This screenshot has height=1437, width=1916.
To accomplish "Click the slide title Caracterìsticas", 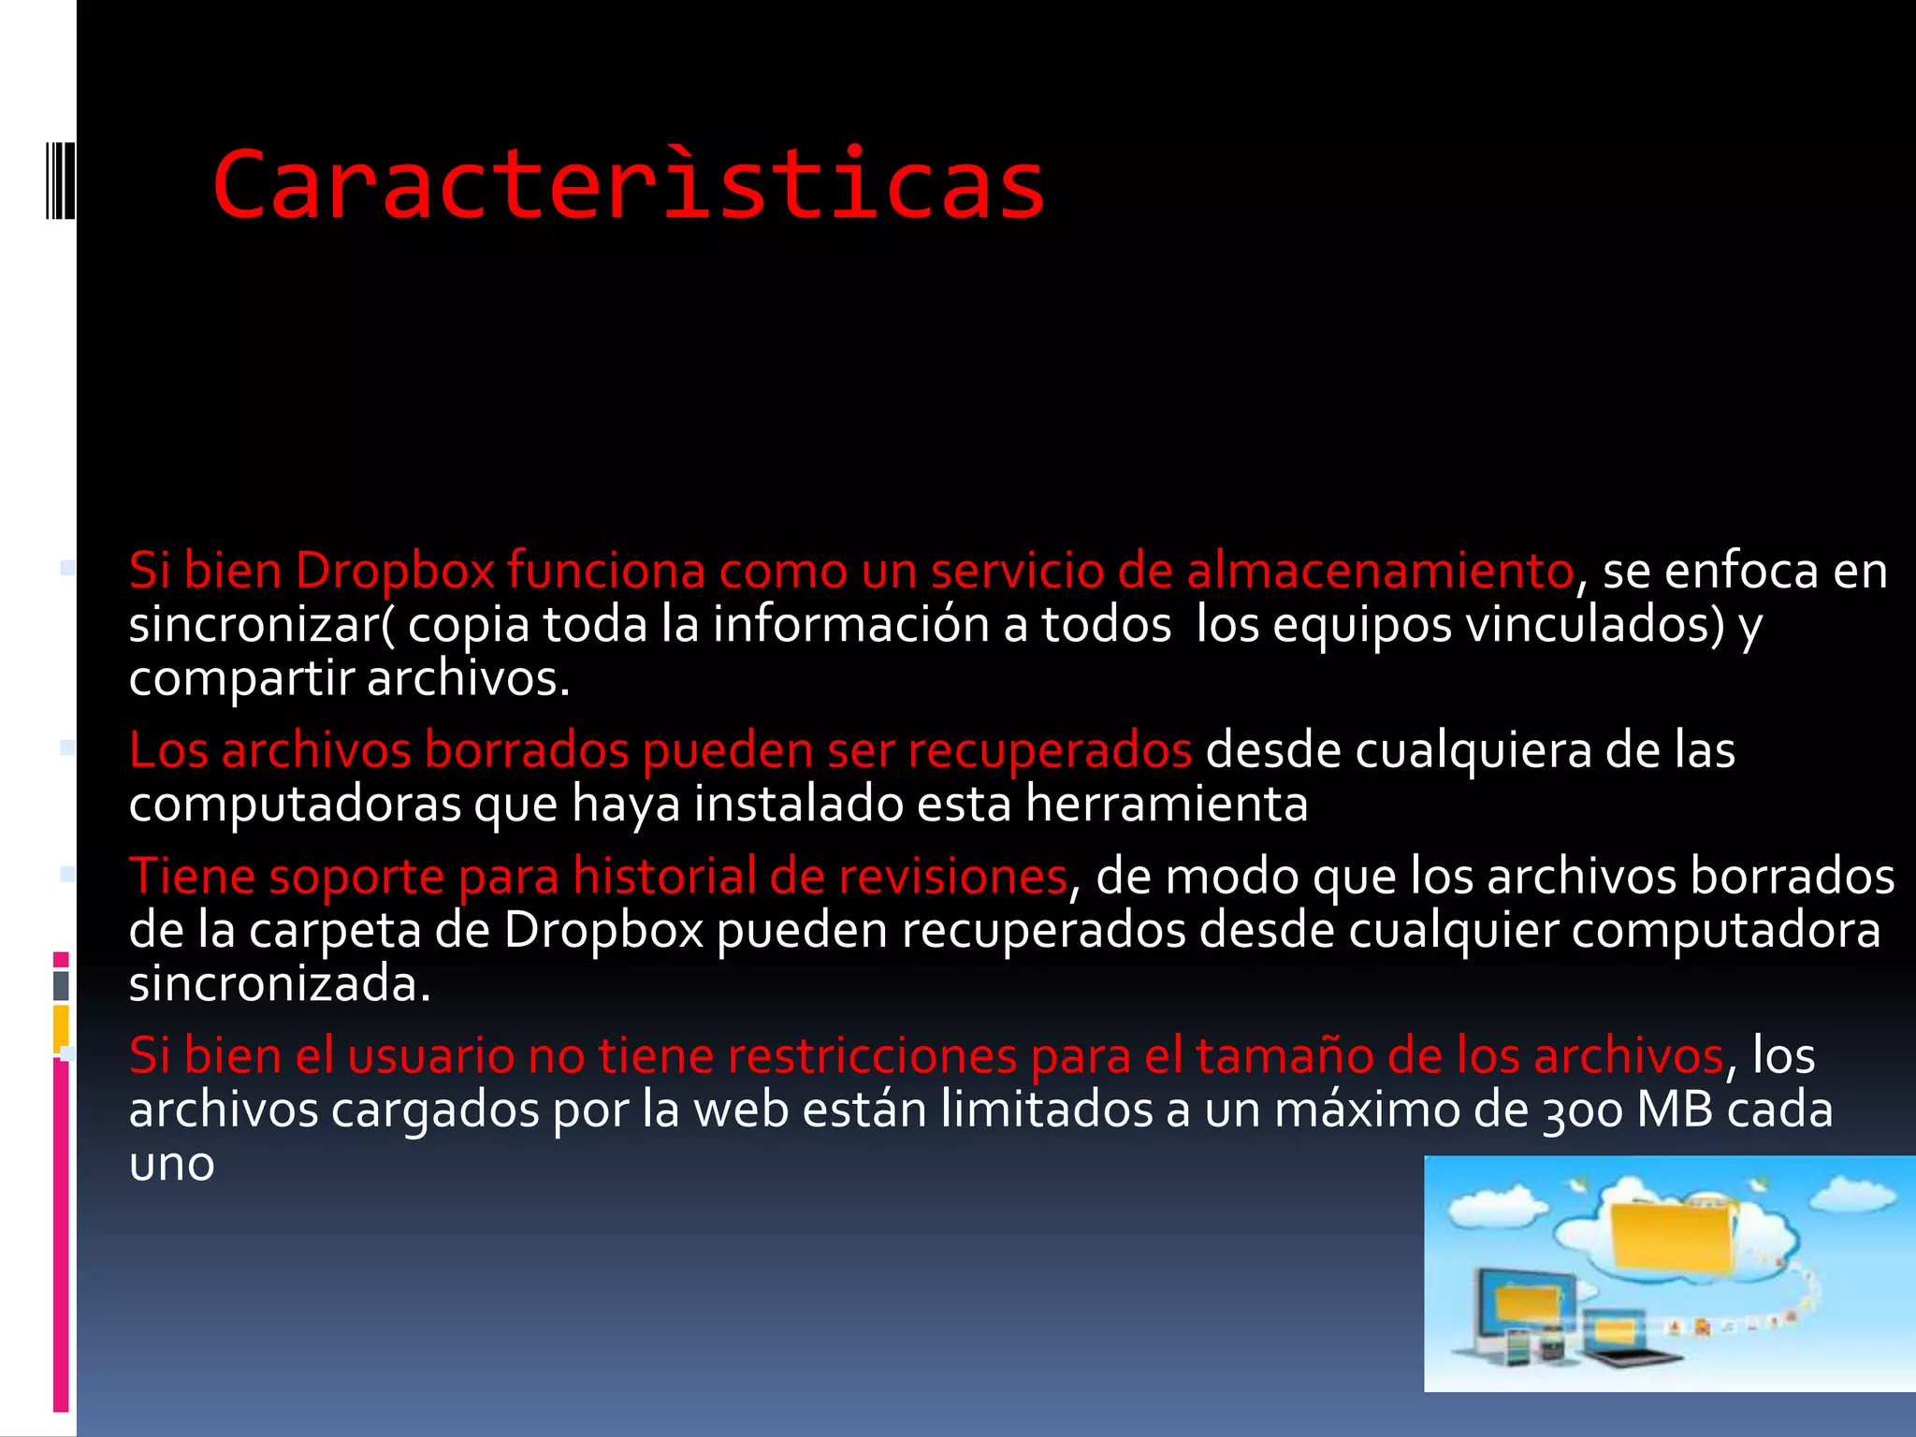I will click(629, 185).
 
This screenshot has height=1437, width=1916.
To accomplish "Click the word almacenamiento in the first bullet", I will click(1380, 571).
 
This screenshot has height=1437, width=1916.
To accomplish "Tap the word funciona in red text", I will click(605, 571).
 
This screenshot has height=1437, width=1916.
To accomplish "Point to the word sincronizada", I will click(279, 984).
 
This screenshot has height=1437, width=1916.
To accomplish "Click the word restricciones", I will click(872, 1056).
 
